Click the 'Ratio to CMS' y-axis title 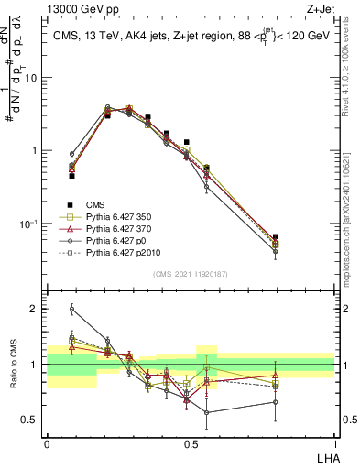pos(14,365)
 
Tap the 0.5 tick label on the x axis pos(191,444)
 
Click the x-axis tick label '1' pos(334,444)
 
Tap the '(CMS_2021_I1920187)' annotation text pos(190,273)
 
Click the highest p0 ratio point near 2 pos(71,310)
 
